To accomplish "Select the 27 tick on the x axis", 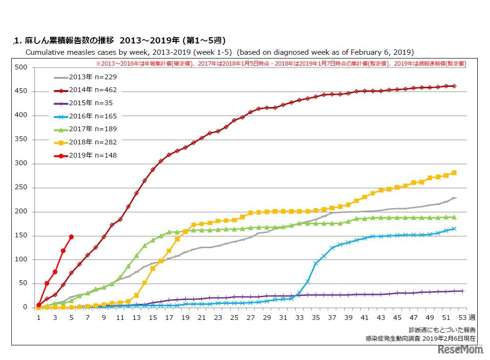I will (x=250, y=318).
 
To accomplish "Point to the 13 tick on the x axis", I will (x=137, y=318).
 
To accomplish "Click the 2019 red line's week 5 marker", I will (x=71, y=236).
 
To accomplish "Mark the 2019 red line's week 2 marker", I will (x=47, y=283).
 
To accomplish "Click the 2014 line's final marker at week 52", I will (x=454, y=86).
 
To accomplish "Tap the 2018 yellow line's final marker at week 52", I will (x=454, y=173).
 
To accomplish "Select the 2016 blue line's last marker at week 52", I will (x=454, y=229).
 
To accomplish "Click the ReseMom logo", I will (x=460, y=350).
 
